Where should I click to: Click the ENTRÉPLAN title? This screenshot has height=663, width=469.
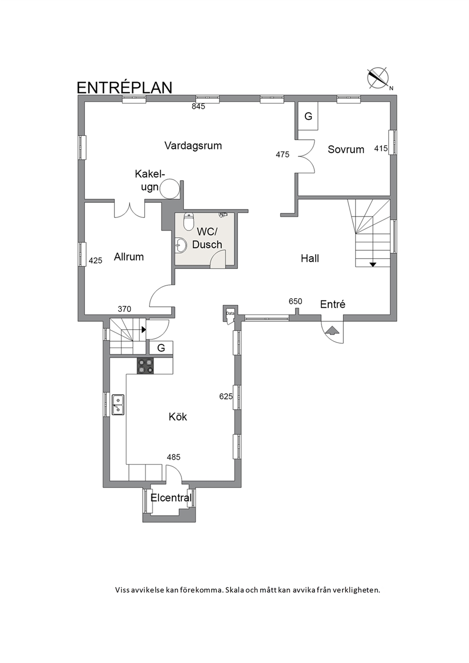[x=124, y=87]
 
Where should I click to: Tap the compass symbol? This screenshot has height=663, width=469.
[x=378, y=78]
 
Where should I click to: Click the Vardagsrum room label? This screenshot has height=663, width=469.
[x=193, y=146]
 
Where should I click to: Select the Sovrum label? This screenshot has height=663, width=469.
[x=346, y=149]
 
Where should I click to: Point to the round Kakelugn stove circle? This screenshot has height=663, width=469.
[x=170, y=189]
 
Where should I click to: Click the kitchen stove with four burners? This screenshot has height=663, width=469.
[x=145, y=366]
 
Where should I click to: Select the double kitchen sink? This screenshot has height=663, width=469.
[x=118, y=405]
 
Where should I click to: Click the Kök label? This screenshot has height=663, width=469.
[x=178, y=417]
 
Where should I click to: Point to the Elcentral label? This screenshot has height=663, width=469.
[x=171, y=498]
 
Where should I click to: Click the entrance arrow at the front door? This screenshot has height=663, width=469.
[x=332, y=330]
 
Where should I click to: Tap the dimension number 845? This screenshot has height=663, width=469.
[x=199, y=106]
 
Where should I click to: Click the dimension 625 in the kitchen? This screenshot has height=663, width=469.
[x=226, y=396]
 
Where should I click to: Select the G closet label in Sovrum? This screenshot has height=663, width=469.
[x=308, y=117]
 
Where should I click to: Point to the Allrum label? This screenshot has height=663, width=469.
[x=129, y=257]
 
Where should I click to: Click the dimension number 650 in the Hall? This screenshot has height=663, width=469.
[x=295, y=301]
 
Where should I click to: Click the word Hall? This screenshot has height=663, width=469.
[x=310, y=258]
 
